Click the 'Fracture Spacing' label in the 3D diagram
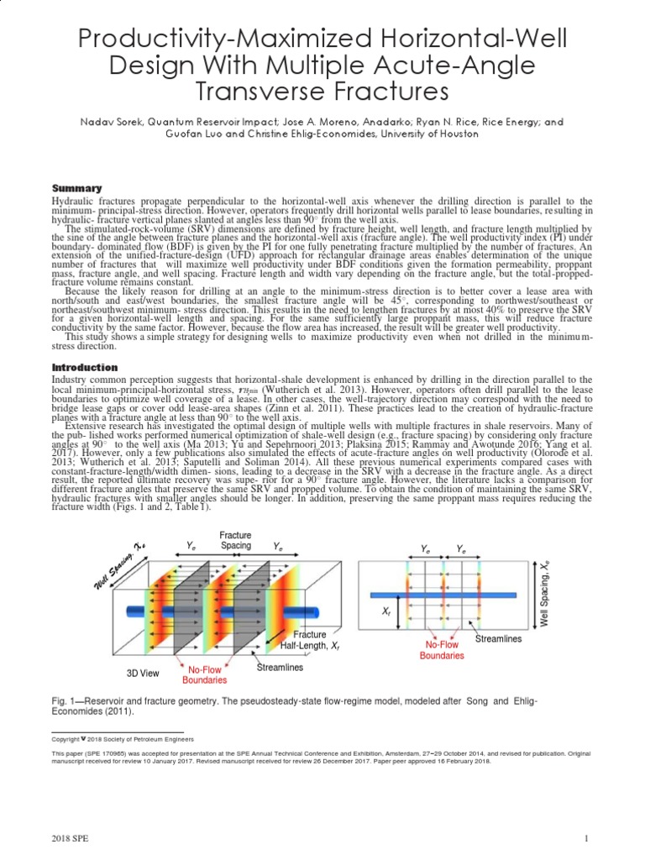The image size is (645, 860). [235, 541]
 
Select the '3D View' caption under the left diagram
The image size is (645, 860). [143, 674]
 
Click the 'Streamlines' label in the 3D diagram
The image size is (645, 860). [280, 669]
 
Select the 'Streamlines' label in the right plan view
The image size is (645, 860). [498, 639]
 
